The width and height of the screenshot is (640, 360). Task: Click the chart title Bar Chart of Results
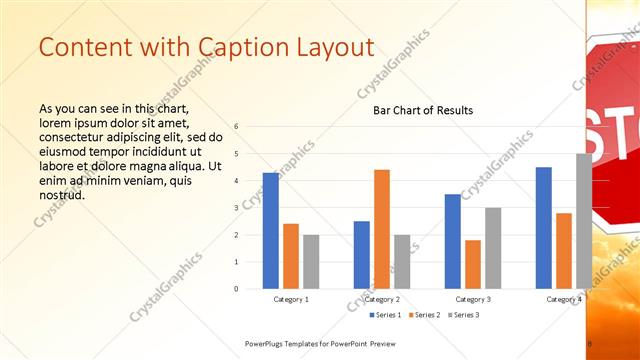point(423,110)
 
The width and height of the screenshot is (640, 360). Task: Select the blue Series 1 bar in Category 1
point(271,231)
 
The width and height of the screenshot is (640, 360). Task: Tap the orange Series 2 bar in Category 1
point(291,256)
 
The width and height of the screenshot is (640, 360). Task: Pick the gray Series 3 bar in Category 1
point(311,262)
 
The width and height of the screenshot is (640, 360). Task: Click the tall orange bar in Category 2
point(382,229)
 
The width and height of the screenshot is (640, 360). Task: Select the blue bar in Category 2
point(362,255)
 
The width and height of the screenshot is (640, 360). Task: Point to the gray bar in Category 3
point(493,248)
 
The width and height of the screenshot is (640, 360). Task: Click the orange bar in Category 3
point(473,264)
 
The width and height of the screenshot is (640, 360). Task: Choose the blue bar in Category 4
point(544,228)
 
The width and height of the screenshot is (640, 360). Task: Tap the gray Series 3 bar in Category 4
point(583,221)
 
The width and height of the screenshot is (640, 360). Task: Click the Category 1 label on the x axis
point(291,299)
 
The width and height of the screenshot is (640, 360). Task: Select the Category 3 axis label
point(473,299)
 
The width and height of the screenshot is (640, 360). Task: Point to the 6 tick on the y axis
point(236,127)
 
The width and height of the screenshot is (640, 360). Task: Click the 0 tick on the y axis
point(236,289)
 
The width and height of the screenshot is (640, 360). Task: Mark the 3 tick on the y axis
point(236,208)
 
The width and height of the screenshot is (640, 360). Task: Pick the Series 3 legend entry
point(462,315)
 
